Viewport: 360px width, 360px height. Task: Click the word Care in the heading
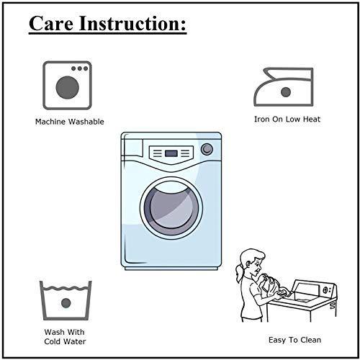coord(51,23)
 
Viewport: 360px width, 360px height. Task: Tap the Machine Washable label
coord(70,122)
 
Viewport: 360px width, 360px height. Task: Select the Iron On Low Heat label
coord(287,120)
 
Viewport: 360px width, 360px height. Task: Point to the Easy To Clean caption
coord(294,340)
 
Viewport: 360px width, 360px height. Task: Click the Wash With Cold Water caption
coord(65,337)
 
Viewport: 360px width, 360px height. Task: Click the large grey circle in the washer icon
coord(67,88)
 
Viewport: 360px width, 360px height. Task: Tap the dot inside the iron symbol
coord(286,92)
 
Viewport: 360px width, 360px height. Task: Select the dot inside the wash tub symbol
coord(66,303)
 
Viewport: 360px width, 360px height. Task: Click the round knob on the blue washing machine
coord(207,149)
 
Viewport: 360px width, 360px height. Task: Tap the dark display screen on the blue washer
coord(171,153)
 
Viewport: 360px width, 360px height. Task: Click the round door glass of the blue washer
coord(171,207)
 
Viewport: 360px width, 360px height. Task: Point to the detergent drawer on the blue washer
coord(132,148)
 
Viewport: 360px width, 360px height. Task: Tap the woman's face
coord(257,265)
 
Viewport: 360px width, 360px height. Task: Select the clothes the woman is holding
coord(271,286)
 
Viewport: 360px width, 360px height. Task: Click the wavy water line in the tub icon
coord(66,288)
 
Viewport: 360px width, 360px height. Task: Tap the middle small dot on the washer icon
coord(79,68)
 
